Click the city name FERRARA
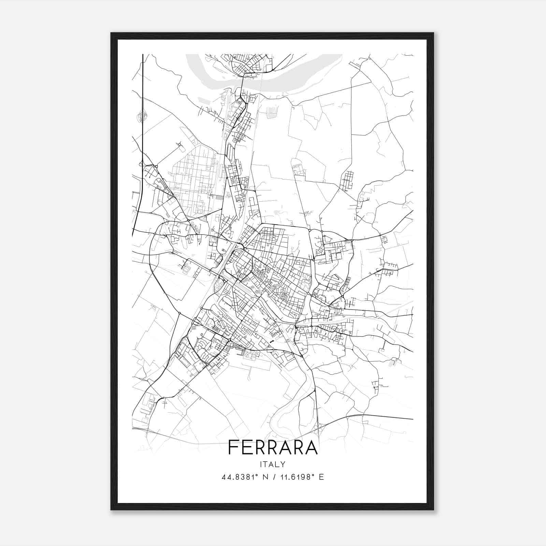coord(273,447)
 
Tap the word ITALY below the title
coord(273,464)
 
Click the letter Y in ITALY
coord(283,464)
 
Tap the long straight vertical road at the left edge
coord(143,136)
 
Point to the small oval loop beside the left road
coord(141,114)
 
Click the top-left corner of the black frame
coord(111,33)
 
